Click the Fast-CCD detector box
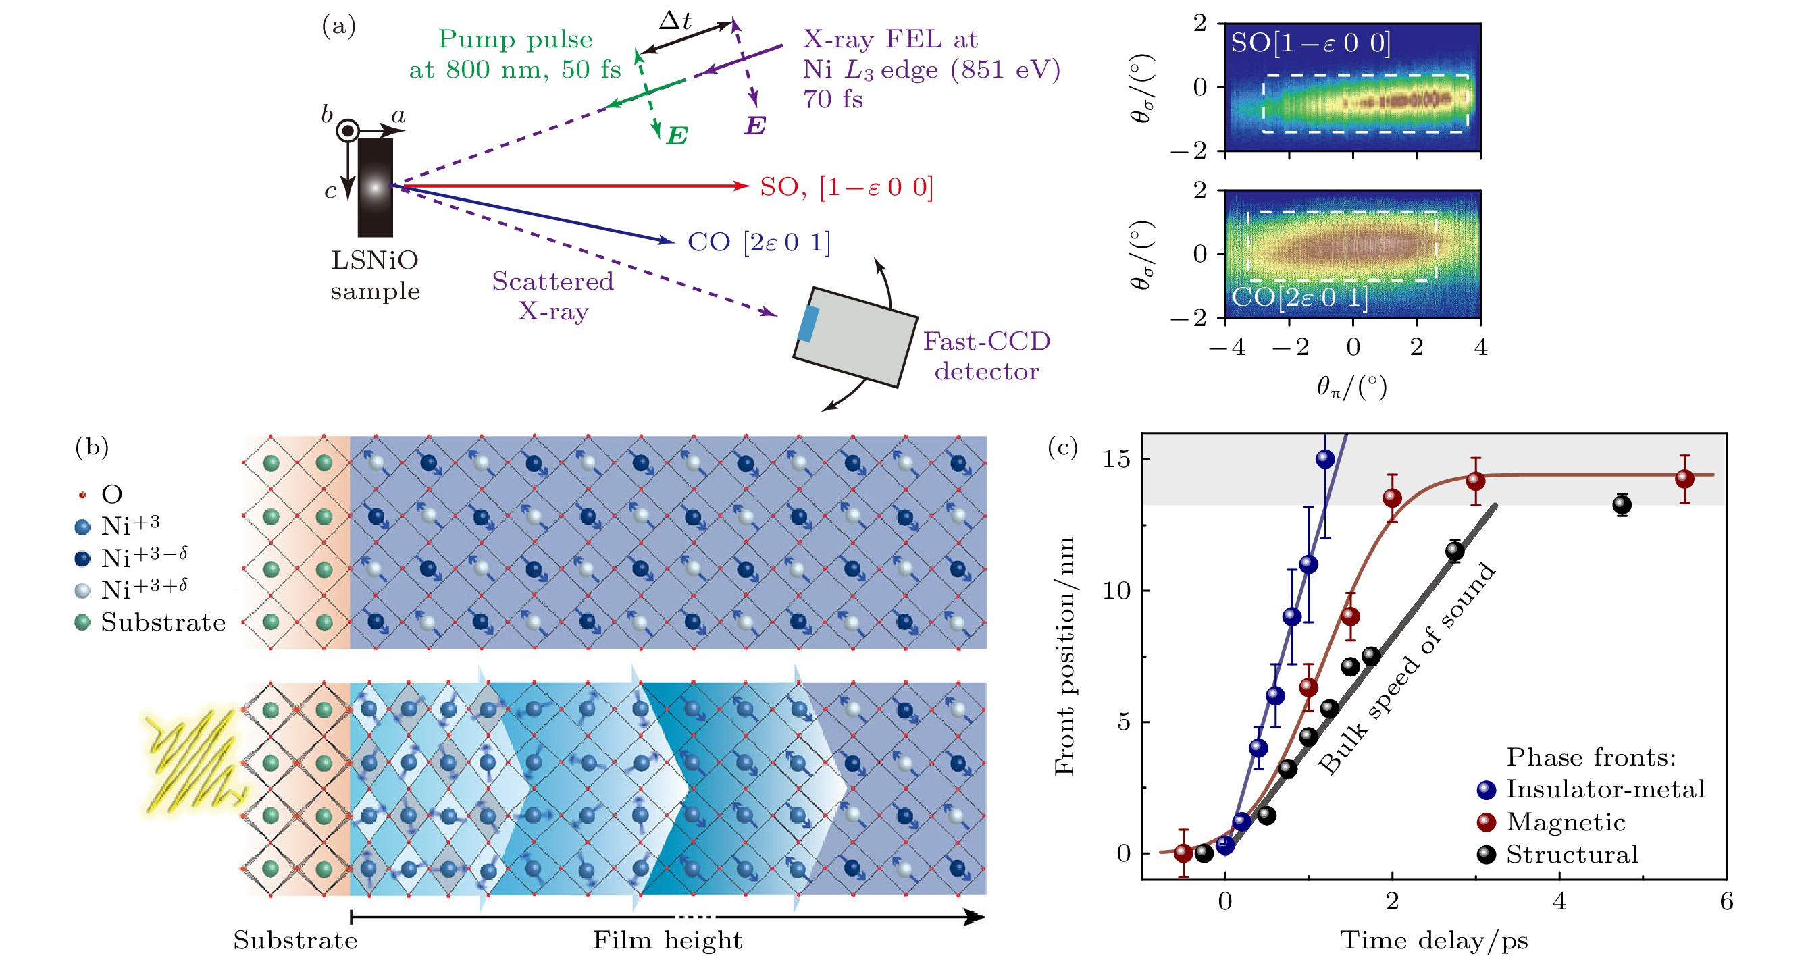[855, 337]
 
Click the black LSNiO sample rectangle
[375, 188]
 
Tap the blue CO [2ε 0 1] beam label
[758, 242]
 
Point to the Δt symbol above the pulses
[675, 20]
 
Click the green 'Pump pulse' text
[515, 39]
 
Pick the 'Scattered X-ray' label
[553, 296]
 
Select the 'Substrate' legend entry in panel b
[163, 622]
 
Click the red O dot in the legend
[83, 495]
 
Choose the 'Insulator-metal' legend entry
[1605, 789]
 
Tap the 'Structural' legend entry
[1572, 855]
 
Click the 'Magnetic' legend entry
[1565, 822]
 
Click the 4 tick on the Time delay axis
[1559, 901]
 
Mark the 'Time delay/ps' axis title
[1434, 940]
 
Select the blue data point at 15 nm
[1324, 460]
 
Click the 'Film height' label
[667, 940]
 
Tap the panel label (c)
[1062, 447]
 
